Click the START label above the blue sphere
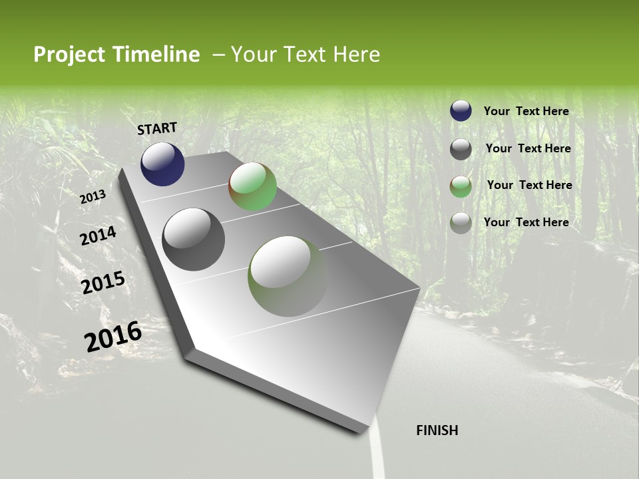[157, 128]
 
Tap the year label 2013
[93, 197]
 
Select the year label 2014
[98, 236]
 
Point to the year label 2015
[103, 283]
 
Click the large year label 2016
[113, 337]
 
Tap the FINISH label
[437, 430]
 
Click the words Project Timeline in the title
[116, 55]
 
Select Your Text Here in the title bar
[306, 55]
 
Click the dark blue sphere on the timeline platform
[162, 164]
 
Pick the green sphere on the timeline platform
[252, 186]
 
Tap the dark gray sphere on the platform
[194, 239]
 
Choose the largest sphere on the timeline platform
[288, 276]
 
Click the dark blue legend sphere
[461, 110]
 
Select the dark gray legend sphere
[461, 149]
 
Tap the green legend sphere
[461, 186]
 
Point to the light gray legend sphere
[461, 223]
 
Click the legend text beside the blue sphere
[526, 111]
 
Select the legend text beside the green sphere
[529, 185]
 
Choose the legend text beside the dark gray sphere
[528, 148]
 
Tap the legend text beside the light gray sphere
[526, 222]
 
